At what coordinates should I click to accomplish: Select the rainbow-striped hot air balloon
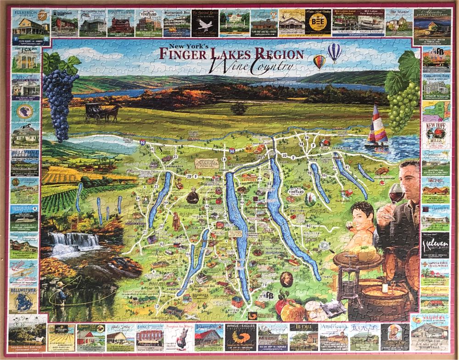tap(319, 61)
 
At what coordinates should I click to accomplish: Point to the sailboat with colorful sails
tap(378, 126)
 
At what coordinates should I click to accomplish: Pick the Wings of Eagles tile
tap(240, 337)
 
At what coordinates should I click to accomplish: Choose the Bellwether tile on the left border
tap(23, 300)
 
